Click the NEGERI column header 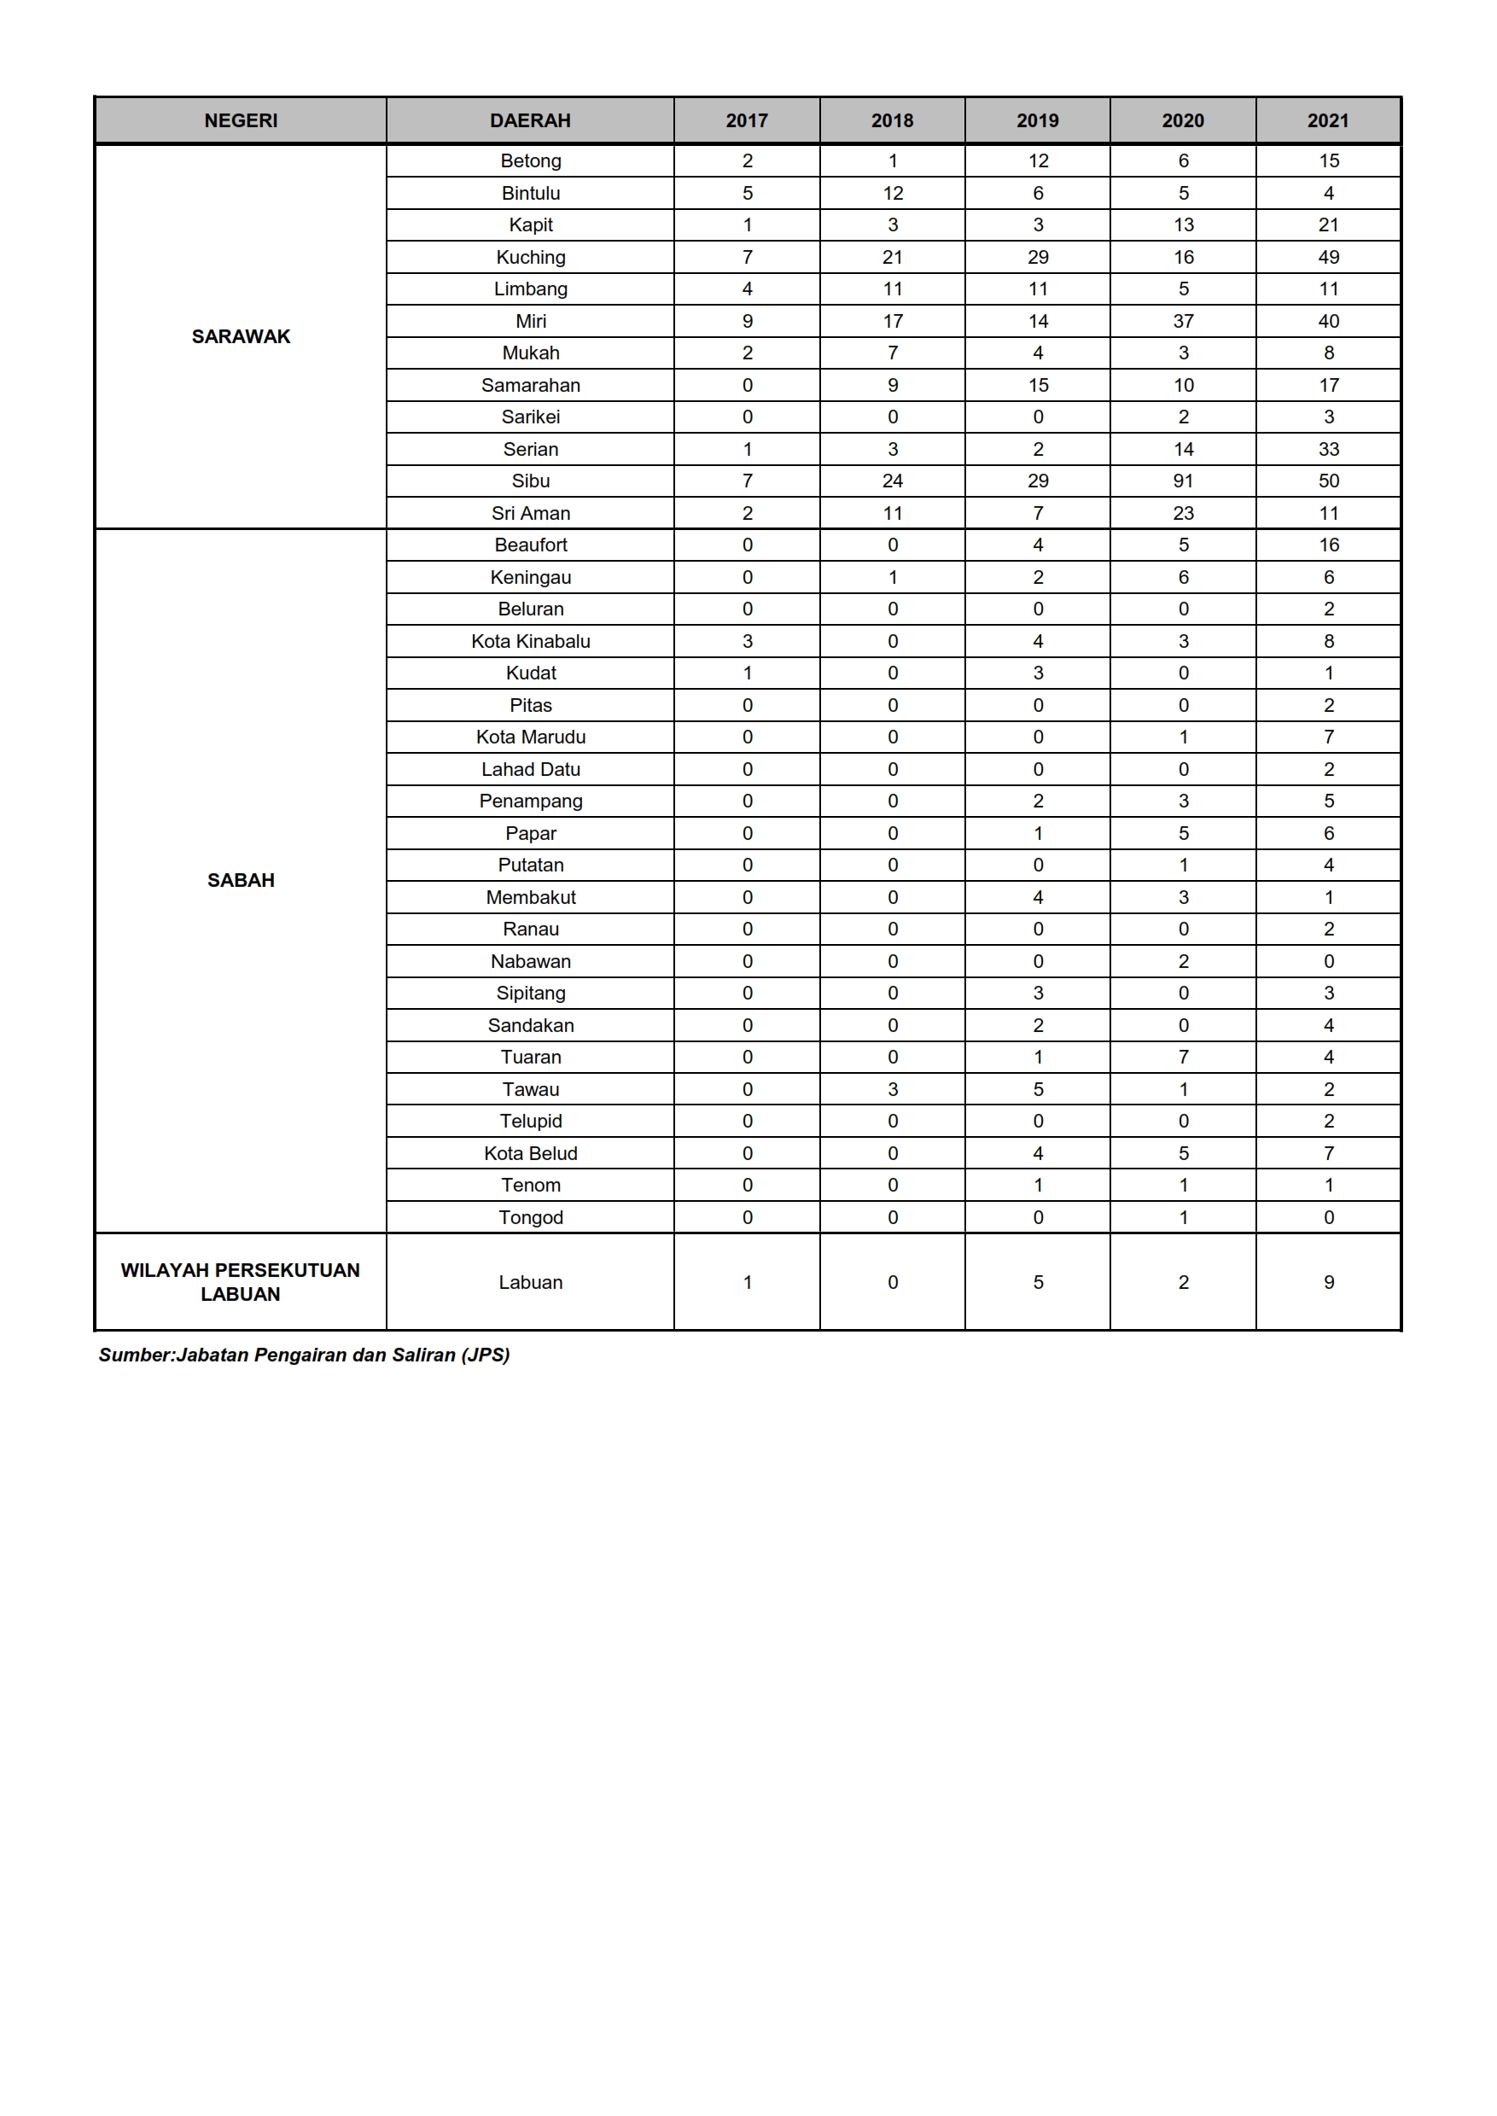click(x=241, y=121)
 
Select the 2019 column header click(x=1037, y=121)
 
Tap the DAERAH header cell click(x=530, y=121)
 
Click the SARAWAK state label click(x=241, y=336)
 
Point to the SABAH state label click(x=241, y=881)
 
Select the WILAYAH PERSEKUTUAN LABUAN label click(x=241, y=1281)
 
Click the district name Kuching click(x=530, y=257)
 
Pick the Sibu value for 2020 click(x=1183, y=481)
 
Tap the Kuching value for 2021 click(x=1328, y=257)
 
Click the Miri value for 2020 click(x=1183, y=321)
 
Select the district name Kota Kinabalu click(x=530, y=642)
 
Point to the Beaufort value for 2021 click(x=1328, y=545)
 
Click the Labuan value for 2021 click(x=1328, y=1283)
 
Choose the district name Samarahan click(x=530, y=386)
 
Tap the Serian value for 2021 click(x=1328, y=449)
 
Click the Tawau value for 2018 click(x=892, y=1090)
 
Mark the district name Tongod click(x=530, y=1218)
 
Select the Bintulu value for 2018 click(x=892, y=194)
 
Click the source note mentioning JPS click(x=304, y=1355)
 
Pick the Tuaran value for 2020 click(x=1183, y=1058)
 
